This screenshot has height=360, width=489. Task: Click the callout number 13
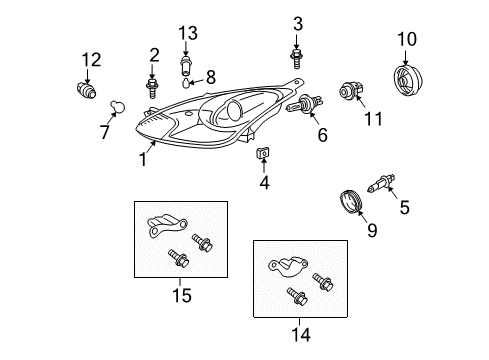pyautogui.click(x=188, y=33)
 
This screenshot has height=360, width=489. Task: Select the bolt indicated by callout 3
pyautogui.click(x=296, y=59)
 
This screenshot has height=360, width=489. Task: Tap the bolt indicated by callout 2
pyautogui.click(x=152, y=88)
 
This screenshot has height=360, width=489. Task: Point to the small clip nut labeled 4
pyautogui.click(x=263, y=153)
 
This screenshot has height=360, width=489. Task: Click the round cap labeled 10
pyautogui.click(x=408, y=81)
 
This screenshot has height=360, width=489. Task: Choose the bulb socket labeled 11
pyautogui.click(x=351, y=90)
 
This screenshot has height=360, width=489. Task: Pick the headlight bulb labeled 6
pyautogui.click(x=305, y=104)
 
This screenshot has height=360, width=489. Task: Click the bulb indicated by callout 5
pyautogui.click(x=381, y=183)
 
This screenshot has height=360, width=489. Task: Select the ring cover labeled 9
pyautogui.click(x=351, y=201)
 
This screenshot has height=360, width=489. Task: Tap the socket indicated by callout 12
pyautogui.click(x=86, y=90)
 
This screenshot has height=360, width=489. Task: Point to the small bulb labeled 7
pyautogui.click(x=118, y=107)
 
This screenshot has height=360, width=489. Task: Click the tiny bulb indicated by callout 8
pyautogui.click(x=186, y=83)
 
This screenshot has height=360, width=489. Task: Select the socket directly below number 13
pyautogui.click(x=185, y=67)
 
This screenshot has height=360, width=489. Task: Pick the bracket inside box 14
pyautogui.click(x=288, y=266)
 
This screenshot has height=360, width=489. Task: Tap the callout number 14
pyautogui.click(x=301, y=334)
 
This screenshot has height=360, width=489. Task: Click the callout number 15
pyautogui.click(x=182, y=295)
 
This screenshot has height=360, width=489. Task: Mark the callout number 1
pyautogui.click(x=143, y=159)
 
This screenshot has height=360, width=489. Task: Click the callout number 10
pyautogui.click(x=407, y=39)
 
